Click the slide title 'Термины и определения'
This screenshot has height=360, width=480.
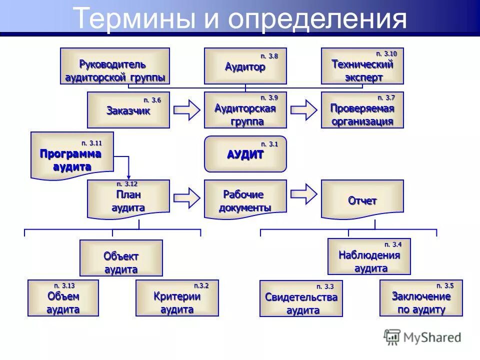coord(239,18)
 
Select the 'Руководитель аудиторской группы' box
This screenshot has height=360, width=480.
coord(115,66)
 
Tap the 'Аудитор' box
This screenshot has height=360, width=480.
coord(245,66)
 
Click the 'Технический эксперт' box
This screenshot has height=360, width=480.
coord(362,66)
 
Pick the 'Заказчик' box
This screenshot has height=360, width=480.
coord(128,110)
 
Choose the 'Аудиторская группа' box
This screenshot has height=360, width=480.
coord(245,110)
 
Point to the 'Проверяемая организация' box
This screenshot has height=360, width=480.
coord(362,110)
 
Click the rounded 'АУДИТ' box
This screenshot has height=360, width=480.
coord(245,154)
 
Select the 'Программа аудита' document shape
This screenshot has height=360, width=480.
coord(72,155)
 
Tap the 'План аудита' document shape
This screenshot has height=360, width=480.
coord(128,199)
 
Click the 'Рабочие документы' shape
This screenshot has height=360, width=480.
coord(245,199)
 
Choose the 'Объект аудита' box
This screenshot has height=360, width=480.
coord(121,258)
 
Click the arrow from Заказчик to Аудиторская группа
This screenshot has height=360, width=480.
coord(187,110)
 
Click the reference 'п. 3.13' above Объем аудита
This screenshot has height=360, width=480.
coord(64,285)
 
